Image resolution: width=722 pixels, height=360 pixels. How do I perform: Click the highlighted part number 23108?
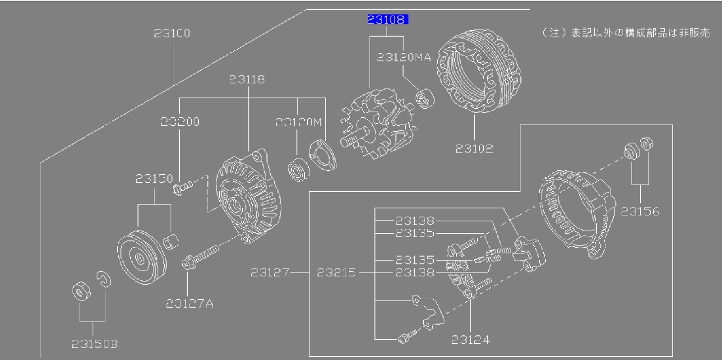pyautogui.click(x=387, y=19)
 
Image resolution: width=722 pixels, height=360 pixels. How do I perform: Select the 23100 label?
pyautogui.click(x=172, y=33)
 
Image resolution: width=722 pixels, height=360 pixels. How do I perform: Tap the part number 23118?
pyautogui.click(x=247, y=79)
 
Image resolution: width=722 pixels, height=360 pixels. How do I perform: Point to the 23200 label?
pyautogui.click(x=180, y=122)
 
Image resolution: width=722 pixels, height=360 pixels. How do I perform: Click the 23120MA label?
pyautogui.click(x=404, y=57)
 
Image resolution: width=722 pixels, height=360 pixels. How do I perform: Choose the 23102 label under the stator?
pyautogui.click(x=474, y=149)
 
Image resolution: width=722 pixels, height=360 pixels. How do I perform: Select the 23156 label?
pyautogui.click(x=640, y=212)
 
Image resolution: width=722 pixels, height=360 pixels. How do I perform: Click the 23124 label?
pyautogui.click(x=470, y=340)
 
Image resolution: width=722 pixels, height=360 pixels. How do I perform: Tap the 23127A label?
pyautogui.click(x=190, y=304)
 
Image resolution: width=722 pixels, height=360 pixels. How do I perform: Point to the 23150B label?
pyautogui.click(x=95, y=344)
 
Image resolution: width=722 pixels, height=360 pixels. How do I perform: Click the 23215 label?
pyautogui.click(x=336, y=272)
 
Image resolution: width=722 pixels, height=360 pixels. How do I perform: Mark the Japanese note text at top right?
pyautogui.click(x=626, y=33)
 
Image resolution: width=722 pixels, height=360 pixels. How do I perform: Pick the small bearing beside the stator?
pyautogui.click(x=424, y=99)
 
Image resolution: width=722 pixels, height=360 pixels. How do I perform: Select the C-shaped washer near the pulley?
pyautogui.click(x=103, y=279)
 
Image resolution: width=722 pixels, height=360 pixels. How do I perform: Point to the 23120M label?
pyautogui.click(x=298, y=122)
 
